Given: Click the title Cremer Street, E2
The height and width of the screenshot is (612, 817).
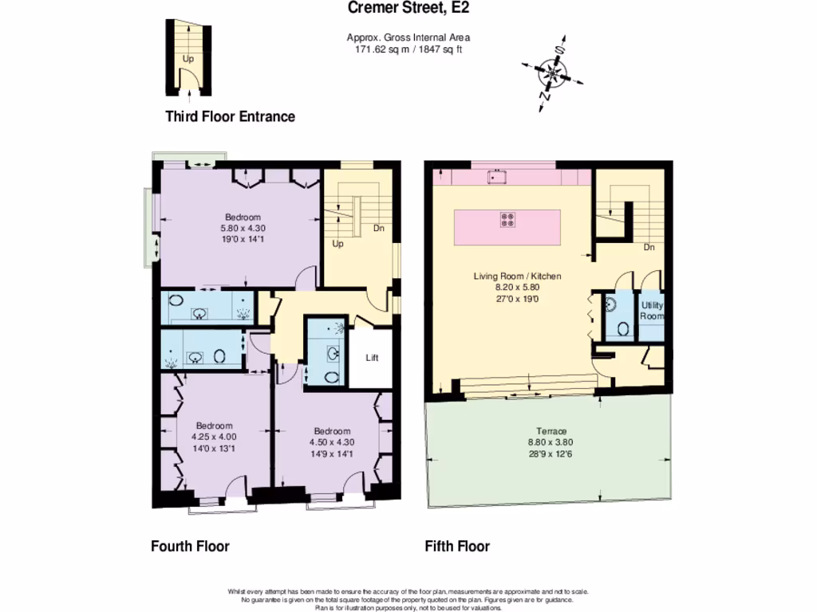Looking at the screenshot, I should click(408, 9).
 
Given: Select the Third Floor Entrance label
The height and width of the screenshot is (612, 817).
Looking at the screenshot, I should click(230, 117).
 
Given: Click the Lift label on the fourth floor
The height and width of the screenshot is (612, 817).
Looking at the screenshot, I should click(372, 358).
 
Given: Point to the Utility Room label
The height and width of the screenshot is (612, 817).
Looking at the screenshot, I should click(652, 311).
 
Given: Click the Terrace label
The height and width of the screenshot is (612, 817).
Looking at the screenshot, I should click(551, 431).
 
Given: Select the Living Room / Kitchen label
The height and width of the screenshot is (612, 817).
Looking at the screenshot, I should click(517, 277).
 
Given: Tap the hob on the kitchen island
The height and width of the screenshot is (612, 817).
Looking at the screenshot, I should click(507, 220).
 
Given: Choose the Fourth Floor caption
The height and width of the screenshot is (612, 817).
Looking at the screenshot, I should click(190, 547).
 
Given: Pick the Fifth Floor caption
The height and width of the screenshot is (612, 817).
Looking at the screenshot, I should click(457, 547).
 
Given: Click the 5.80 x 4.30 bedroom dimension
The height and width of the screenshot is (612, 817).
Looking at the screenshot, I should click(242, 228).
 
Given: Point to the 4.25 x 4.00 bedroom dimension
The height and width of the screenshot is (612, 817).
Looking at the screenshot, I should click(214, 437).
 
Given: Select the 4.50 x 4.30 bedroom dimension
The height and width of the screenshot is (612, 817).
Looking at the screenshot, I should click(331, 443).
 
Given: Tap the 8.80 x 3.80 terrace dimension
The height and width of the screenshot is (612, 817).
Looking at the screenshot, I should click(551, 442).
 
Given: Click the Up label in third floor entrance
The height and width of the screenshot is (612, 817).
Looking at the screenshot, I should click(187, 58).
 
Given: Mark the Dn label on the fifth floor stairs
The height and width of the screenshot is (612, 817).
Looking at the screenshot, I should click(649, 247).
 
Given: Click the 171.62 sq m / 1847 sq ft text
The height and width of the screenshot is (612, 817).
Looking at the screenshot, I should click(408, 49).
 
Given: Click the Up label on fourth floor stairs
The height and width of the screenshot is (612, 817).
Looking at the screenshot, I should click(337, 244).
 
